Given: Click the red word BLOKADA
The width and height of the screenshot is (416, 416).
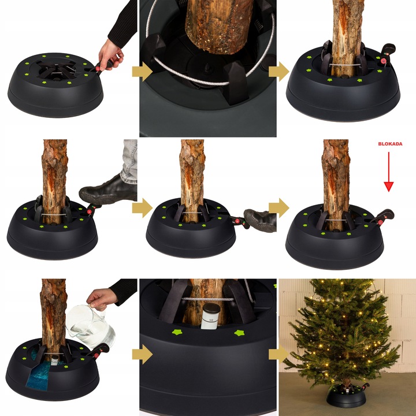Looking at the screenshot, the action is coord(390,144).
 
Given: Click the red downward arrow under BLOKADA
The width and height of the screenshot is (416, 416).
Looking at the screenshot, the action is coord(389,172).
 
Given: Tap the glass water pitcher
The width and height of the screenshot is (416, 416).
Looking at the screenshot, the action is coord(90,327).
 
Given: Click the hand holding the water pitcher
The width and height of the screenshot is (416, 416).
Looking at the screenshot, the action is coord(102,299).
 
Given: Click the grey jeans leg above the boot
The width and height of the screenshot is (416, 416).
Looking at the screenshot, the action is coord(129,161).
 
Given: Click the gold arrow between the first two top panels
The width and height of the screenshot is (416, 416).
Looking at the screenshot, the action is coord(142,72).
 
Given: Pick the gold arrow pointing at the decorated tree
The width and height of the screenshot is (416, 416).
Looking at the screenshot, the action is coord(278,354).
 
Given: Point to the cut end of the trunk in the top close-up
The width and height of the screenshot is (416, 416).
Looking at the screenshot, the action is coord(218,45).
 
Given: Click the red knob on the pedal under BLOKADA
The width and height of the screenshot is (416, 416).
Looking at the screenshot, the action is coord(380,222).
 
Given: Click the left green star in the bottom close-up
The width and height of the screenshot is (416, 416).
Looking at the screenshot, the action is coord(177,332).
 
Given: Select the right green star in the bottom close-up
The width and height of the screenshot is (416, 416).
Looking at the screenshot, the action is coord(239,333).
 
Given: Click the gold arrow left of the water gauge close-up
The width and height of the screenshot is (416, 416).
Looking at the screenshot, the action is coord(142,354).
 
